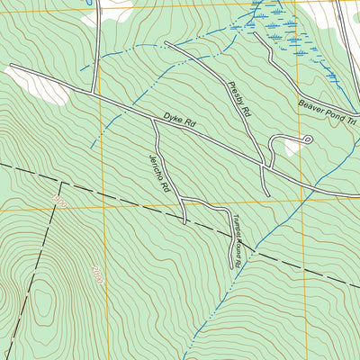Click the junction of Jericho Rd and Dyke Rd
coord(155,124)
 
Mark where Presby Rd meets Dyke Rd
coord(262,166)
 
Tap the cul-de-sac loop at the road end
coord(307,139)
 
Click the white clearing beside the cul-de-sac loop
coord(292,149)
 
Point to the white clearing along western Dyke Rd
coord(31,84)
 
